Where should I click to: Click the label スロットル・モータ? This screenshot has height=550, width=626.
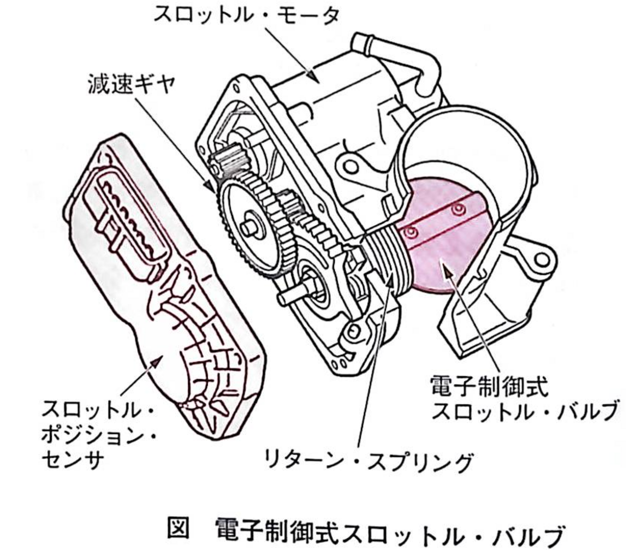[247, 15]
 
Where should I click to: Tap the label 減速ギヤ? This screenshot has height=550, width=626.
[132, 84]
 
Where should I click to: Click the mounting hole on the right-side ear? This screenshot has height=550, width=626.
[542, 260]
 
